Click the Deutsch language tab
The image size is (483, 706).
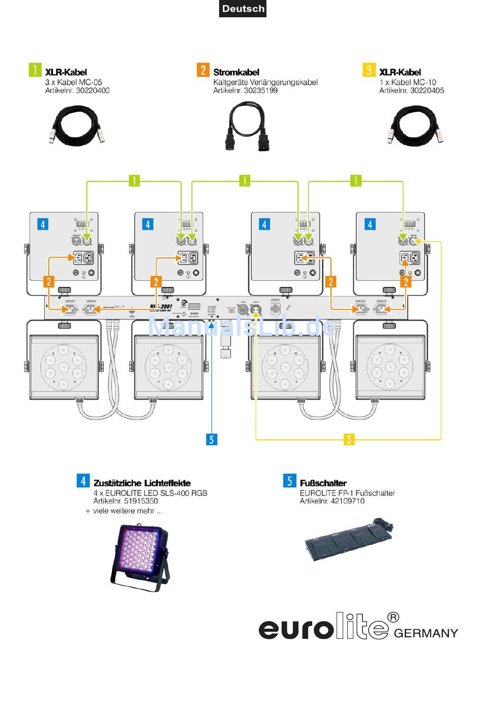pyautogui.click(x=243, y=9)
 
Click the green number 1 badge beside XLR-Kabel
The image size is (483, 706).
pyautogui.click(x=35, y=70)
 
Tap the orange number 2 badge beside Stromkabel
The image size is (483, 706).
pyautogui.click(x=203, y=70)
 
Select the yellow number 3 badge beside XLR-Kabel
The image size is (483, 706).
pyautogui.click(x=369, y=70)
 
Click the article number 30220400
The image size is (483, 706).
pyautogui.click(x=93, y=91)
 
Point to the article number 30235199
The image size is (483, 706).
pyautogui.click(x=260, y=91)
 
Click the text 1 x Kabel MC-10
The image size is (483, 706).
pyautogui.click(x=407, y=82)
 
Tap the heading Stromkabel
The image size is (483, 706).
pyautogui.click(x=236, y=72)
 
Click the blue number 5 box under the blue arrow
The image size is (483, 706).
pyautogui.click(x=212, y=439)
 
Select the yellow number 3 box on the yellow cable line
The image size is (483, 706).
pyautogui.click(x=349, y=439)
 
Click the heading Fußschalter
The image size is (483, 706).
pyautogui.click(x=323, y=483)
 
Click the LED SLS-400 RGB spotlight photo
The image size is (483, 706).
pyautogui.click(x=140, y=557)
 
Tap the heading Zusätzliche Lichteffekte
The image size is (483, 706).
pyautogui.click(x=142, y=483)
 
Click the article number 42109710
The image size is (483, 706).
pyautogui.click(x=347, y=501)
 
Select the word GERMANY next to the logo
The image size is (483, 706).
pyautogui.click(x=426, y=633)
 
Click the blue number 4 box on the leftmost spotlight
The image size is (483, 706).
pyautogui.click(x=43, y=224)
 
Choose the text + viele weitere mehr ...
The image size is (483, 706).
pyautogui.click(x=124, y=511)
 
